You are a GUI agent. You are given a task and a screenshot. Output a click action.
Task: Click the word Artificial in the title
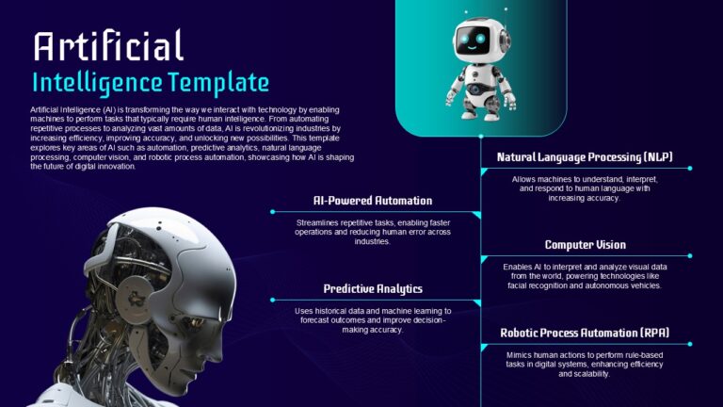(x=109, y=45)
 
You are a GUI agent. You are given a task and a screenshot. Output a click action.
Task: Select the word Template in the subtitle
(x=218, y=83)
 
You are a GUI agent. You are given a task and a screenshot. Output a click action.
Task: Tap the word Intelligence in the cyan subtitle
(x=97, y=84)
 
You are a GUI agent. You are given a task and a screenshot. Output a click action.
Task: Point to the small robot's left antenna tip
(x=466, y=12)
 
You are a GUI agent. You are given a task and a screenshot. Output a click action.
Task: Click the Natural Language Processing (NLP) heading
(x=585, y=157)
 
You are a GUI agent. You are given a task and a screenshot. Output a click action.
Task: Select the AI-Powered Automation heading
(x=373, y=201)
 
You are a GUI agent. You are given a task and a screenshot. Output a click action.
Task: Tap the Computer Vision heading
(x=586, y=245)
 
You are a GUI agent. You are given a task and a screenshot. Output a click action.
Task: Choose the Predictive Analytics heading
(x=373, y=289)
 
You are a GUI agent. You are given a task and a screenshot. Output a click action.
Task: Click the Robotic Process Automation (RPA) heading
(x=585, y=333)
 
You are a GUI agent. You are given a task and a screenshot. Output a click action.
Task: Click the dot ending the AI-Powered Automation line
(x=272, y=212)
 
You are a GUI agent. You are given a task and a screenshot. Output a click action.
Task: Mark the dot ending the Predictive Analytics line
(x=272, y=300)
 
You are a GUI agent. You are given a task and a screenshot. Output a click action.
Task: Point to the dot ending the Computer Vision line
(x=690, y=255)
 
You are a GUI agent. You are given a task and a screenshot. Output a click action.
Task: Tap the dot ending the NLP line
(x=690, y=169)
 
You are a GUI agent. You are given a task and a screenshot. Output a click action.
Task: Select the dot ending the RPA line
(x=690, y=344)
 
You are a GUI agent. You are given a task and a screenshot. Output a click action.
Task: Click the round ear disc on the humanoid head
(x=136, y=297)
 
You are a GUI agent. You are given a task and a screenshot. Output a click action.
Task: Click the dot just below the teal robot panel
(x=481, y=137)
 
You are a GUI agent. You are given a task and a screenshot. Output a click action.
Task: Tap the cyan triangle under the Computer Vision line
(x=484, y=260)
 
